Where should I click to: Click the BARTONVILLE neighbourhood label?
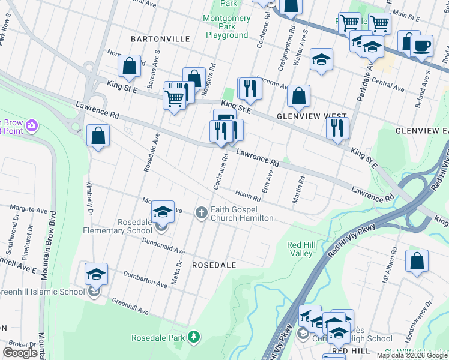(160, 38)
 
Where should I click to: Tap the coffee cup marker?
(421, 46)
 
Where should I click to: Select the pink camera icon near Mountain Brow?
(31, 125)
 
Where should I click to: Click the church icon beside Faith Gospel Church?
(202, 212)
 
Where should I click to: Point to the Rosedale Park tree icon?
(193, 337)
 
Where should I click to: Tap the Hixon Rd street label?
(248, 196)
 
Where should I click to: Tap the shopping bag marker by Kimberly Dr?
(98, 136)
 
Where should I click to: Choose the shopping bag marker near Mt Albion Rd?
(417, 262)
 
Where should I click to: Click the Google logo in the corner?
(20, 353)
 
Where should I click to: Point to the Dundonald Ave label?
(163, 245)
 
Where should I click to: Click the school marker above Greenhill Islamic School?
(96, 275)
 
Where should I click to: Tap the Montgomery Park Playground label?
(227, 26)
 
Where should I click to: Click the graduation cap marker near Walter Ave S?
(321, 59)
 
